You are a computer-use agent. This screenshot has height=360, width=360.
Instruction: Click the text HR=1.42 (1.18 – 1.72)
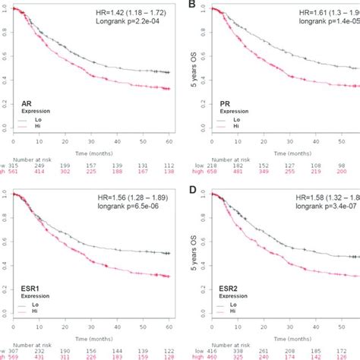pos(125,13)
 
